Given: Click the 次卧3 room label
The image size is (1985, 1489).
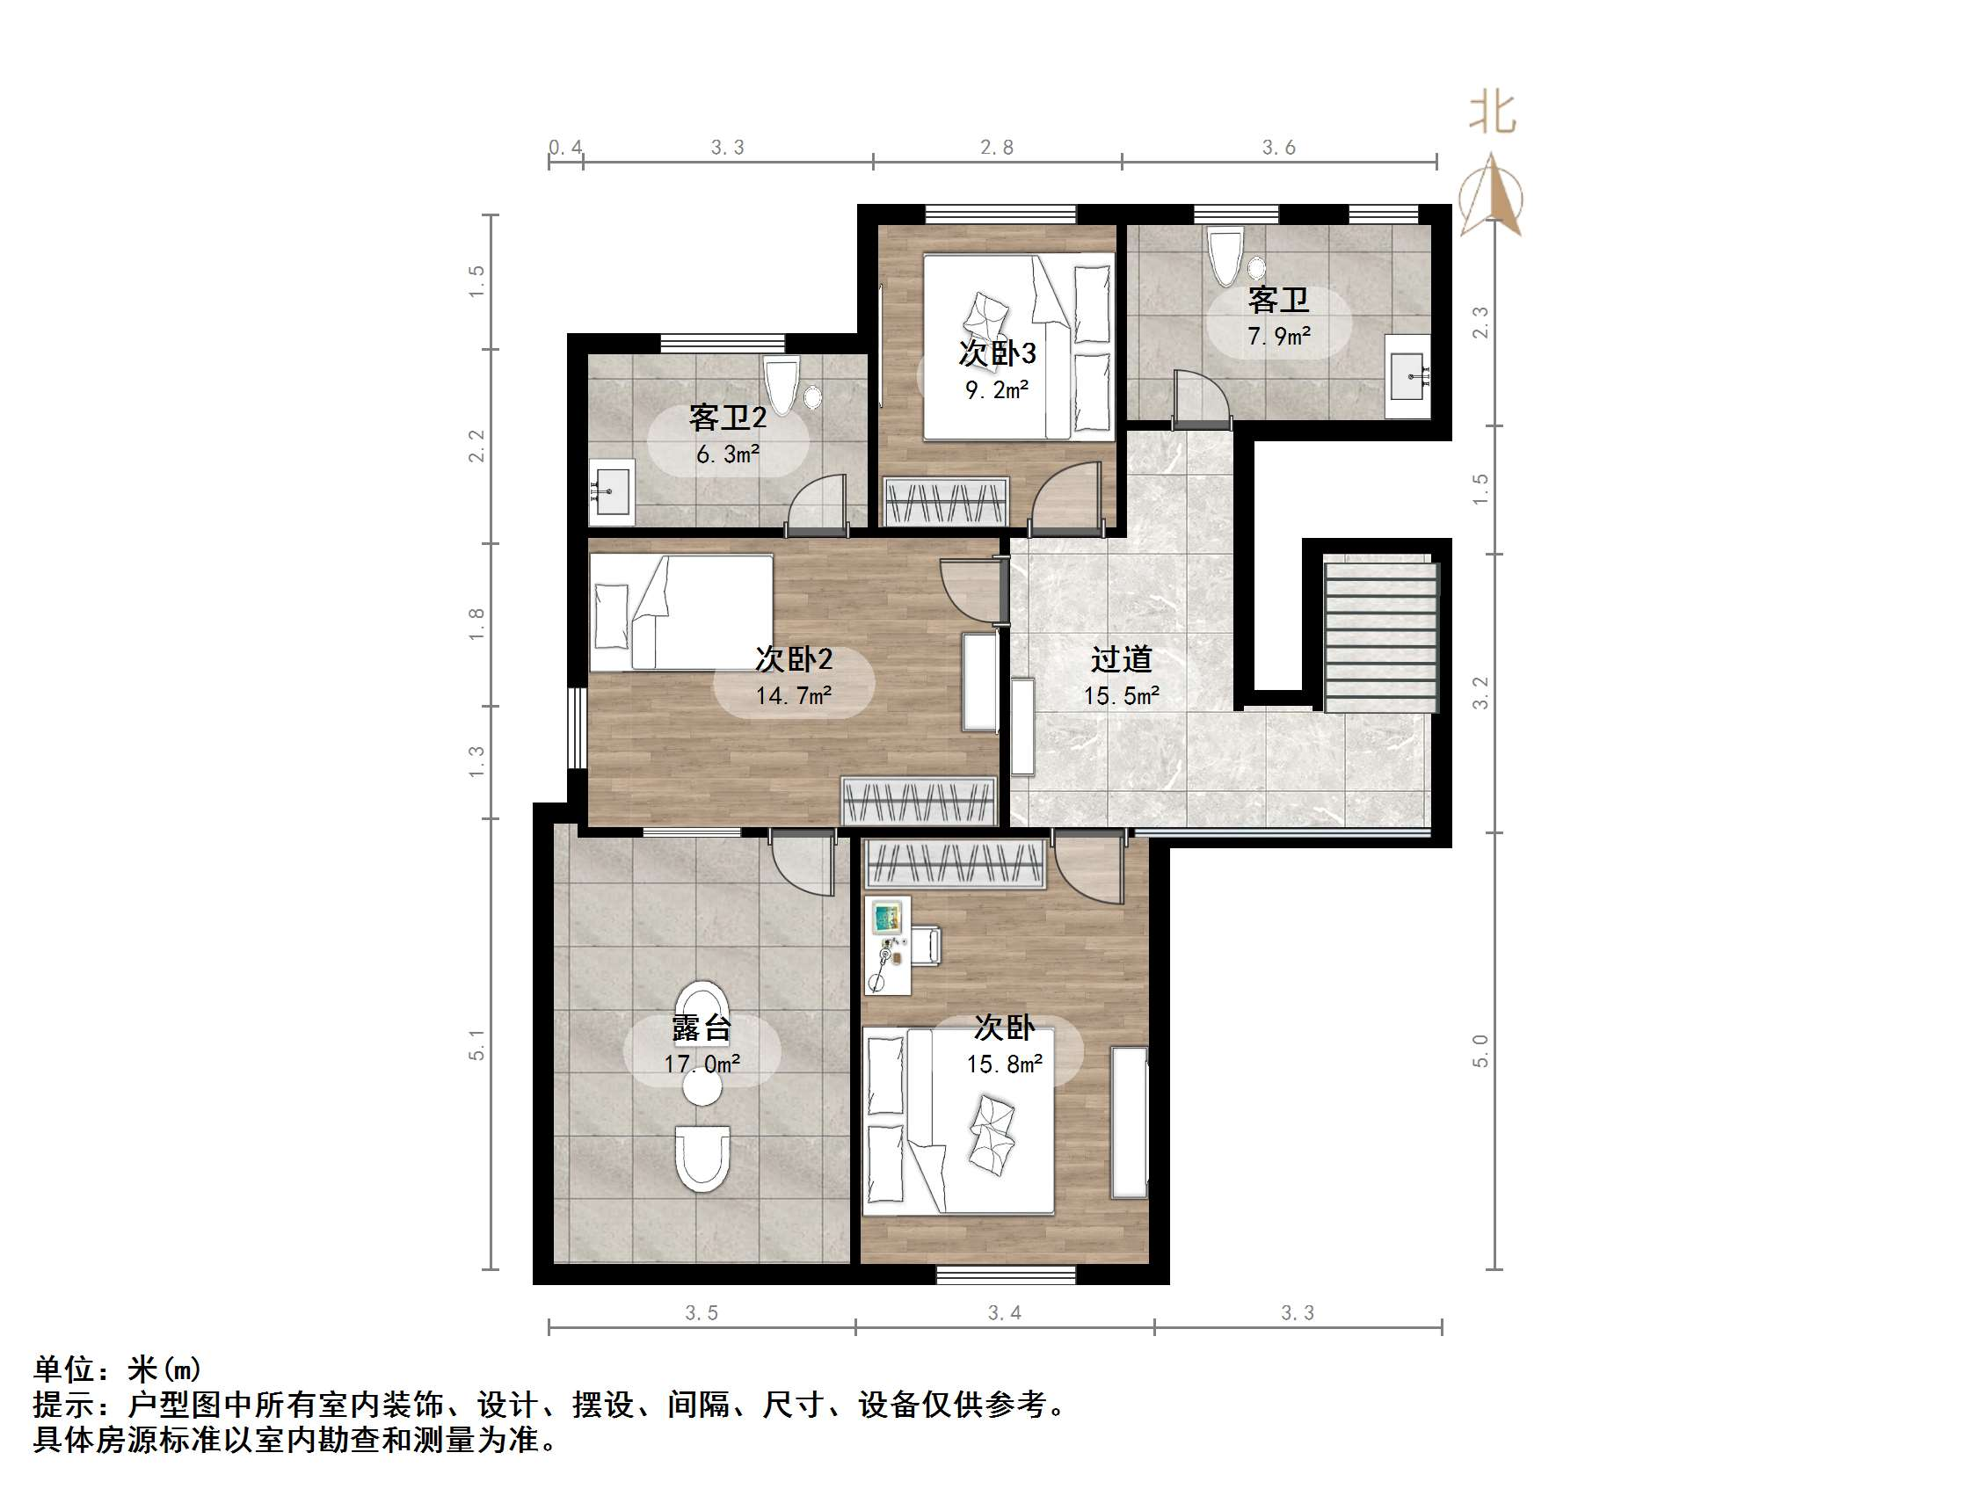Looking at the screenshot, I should (x=997, y=353).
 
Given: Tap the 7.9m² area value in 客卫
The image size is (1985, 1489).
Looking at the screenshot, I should (x=1279, y=337).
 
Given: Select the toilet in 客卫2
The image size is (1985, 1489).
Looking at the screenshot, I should (x=782, y=385).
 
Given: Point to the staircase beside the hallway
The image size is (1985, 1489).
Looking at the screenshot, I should (x=1381, y=633).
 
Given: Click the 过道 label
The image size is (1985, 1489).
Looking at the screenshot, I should (x=1121, y=660).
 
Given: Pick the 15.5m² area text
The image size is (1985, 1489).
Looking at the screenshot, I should (x=1121, y=695).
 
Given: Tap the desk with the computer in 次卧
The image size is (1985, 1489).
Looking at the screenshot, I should (x=888, y=945).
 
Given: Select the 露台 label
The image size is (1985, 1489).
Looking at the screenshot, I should (x=702, y=1028).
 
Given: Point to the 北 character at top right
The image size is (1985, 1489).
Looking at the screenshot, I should (x=1493, y=114).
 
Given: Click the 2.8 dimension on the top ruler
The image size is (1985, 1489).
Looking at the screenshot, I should (x=997, y=147).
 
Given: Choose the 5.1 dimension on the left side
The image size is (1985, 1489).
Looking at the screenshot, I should (x=476, y=1045).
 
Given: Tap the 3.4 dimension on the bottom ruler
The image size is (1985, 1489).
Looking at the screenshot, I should (x=1004, y=1313).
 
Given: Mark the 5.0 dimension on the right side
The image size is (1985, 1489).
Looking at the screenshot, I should (x=1480, y=1050).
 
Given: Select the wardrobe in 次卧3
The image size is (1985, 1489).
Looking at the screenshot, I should (x=947, y=502).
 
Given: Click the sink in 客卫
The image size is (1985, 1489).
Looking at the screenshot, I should (x=1407, y=376).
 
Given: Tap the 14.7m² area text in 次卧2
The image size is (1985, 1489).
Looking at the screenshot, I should (x=793, y=695).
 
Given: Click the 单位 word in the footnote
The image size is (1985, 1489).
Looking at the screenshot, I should (x=62, y=1369).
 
